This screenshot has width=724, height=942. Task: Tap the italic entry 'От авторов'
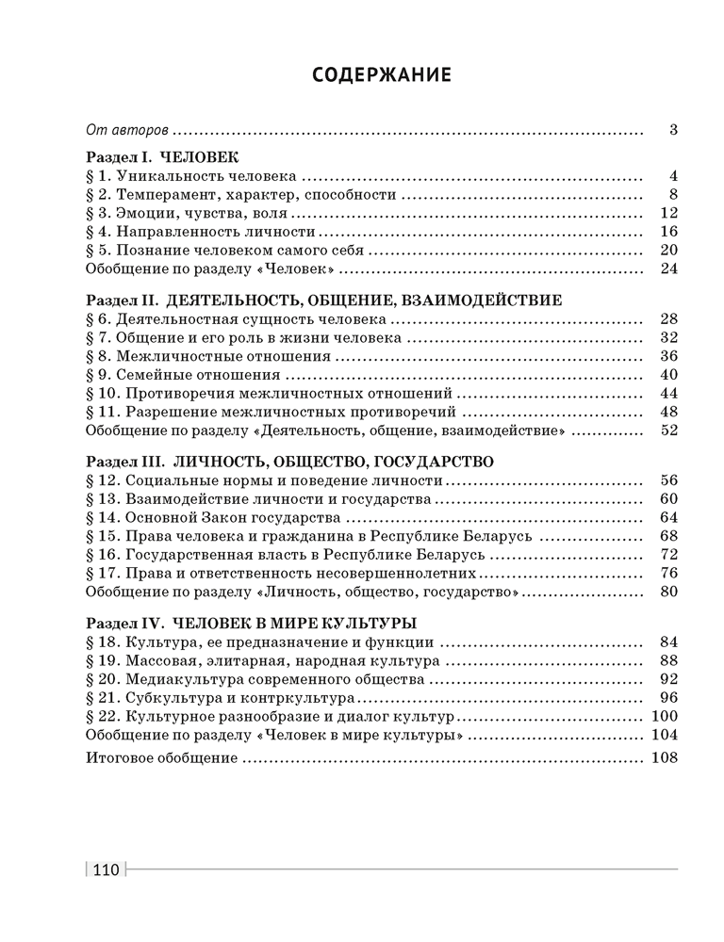[x=126, y=130]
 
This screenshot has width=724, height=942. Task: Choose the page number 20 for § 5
[x=669, y=250]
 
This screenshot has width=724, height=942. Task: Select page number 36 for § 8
[x=669, y=356]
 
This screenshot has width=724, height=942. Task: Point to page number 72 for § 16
[x=669, y=554]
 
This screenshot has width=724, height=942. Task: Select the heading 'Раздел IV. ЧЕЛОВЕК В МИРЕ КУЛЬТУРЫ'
[x=252, y=623]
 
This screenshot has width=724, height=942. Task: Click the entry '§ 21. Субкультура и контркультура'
[x=220, y=697]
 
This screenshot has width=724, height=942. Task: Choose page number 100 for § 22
[x=666, y=716]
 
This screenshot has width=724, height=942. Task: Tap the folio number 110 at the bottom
[x=105, y=869]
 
